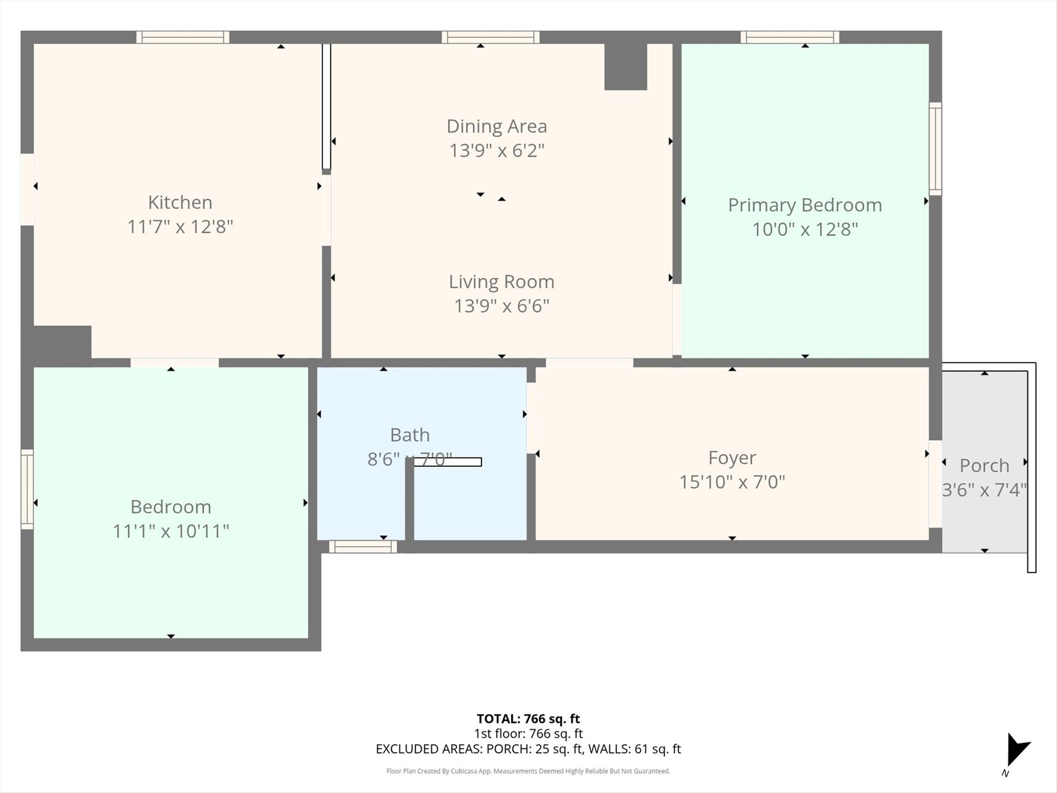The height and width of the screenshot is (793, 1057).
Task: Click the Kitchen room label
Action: click(180, 202)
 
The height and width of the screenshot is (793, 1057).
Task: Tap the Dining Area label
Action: click(497, 126)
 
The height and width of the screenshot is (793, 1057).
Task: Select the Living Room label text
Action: click(501, 281)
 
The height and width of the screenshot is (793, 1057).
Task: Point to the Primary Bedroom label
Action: click(805, 205)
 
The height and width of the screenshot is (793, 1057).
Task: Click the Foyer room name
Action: click(732, 457)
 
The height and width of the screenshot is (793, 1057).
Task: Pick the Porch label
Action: click(984, 466)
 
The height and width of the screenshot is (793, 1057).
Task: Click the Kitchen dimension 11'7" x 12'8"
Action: click(180, 227)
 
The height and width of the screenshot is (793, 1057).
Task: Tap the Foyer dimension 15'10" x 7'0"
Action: click(732, 482)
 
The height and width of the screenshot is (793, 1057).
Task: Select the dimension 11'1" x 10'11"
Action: click(171, 531)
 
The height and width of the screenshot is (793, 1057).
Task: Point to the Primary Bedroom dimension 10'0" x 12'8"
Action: click(805, 229)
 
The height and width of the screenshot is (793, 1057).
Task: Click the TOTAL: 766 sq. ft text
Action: click(528, 719)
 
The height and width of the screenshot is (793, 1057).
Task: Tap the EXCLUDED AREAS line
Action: click(528, 749)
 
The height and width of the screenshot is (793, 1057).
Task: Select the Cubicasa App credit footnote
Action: click(528, 771)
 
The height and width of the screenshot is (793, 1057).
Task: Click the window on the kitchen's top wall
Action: click(183, 37)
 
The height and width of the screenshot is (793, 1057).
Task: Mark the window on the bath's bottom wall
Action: click(363, 547)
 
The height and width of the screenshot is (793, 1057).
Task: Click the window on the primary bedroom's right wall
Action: click(935, 149)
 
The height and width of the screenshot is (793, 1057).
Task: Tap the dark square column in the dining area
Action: click(626, 67)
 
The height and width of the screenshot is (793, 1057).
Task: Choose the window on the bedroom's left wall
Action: click(27, 489)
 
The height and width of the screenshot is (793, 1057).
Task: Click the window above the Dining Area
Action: click(490, 37)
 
